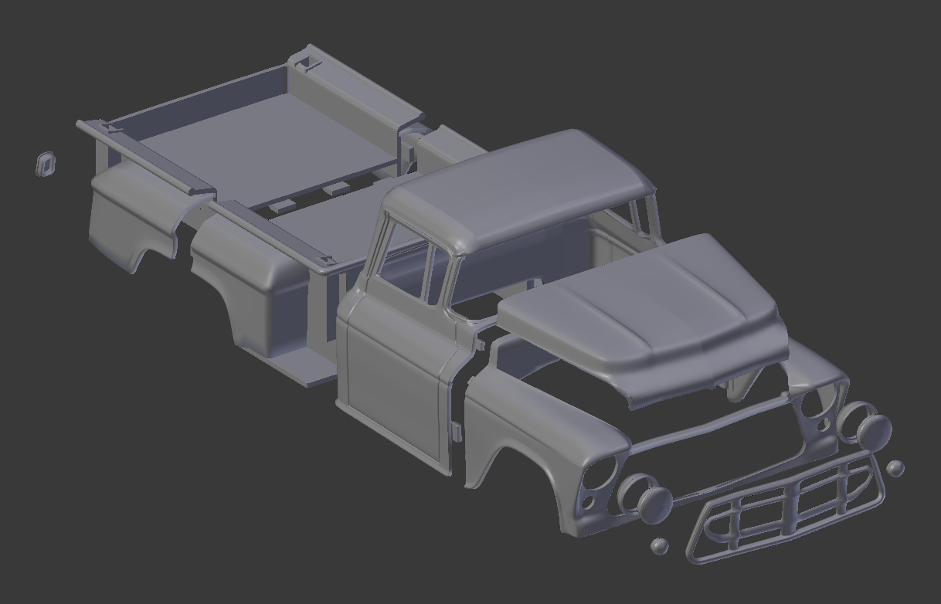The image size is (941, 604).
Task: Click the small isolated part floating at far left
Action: tap(46, 164)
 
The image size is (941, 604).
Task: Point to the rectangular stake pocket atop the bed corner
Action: tap(310, 61)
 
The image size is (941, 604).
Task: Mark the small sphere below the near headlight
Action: tap(659, 546)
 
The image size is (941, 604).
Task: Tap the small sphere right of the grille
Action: tap(895, 468)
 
